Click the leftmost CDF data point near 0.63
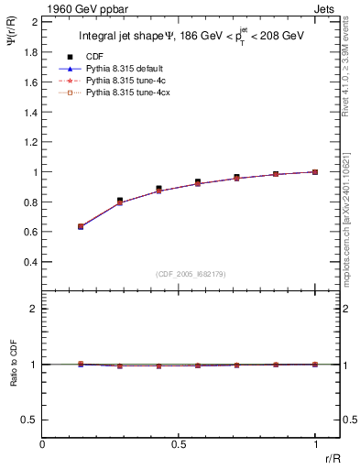(x=81, y=225)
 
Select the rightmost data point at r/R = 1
(x=315, y=171)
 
